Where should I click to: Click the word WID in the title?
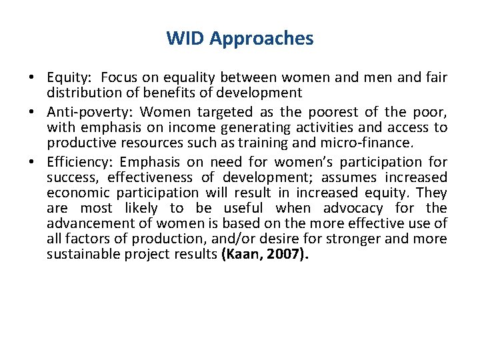tap(185, 39)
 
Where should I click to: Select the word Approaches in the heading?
tap(261, 39)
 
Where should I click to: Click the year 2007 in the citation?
tap(285, 254)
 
